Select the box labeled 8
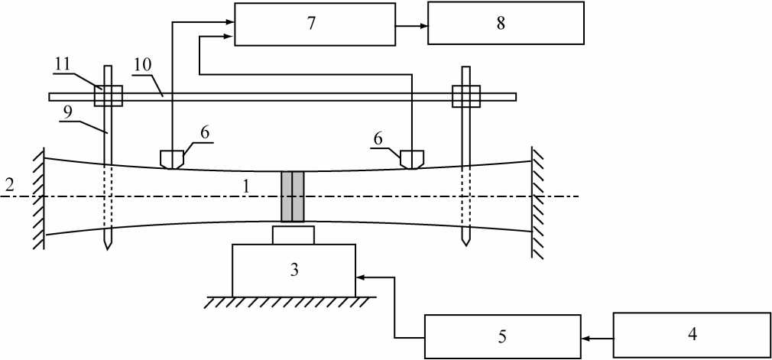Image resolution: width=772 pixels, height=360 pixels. (501, 24)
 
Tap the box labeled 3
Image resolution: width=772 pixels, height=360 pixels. (293, 270)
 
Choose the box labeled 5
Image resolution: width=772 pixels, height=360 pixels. (501, 336)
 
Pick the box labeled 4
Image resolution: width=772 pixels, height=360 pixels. (692, 334)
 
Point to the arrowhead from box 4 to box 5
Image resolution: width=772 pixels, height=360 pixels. (585, 336)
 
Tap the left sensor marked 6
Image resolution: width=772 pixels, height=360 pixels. (170, 159)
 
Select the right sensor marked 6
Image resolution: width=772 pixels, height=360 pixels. (412, 159)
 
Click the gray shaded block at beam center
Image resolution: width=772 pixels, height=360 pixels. (293, 196)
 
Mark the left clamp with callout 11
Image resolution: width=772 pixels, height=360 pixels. (108, 96)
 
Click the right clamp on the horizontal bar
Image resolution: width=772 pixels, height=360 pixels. (465, 96)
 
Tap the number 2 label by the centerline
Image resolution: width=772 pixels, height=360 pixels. (8, 184)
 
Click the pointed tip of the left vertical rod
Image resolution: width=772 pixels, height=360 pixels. (108, 248)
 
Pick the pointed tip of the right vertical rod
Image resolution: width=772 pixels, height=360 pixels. (465, 242)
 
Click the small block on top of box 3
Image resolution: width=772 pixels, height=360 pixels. (293, 235)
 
